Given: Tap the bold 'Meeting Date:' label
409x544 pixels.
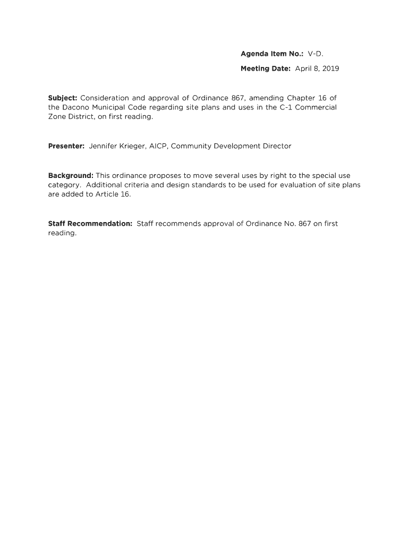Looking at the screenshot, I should [266, 69].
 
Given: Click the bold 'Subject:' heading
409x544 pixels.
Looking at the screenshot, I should [63, 98].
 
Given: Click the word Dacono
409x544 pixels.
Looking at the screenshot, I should [76, 107].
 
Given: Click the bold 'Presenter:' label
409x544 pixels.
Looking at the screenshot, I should [66, 146].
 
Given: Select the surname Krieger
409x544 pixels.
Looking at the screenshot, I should [140, 146].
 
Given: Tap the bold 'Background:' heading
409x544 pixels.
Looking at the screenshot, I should [71, 175].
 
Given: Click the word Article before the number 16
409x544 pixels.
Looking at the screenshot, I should [107, 194].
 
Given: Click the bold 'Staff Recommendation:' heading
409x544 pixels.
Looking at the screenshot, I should [90, 224].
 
